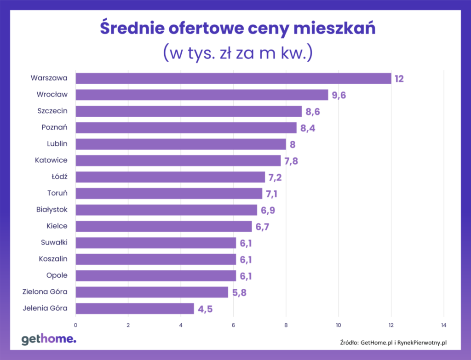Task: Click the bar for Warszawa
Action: pyautogui.click(x=233, y=78)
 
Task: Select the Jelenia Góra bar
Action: pyautogui.click(x=135, y=309)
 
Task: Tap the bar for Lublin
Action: pyautogui.click(x=181, y=144)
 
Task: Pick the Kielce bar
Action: pyautogui.click(x=164, y=226)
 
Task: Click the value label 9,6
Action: pyautogui.click(x=339, y=95)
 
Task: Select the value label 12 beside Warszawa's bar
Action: pyautogui.click(x=399, y=79)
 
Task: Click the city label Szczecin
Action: pyautogui.click(x=52, y=111)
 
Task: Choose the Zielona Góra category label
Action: pyautogui.click(x=45, y=291)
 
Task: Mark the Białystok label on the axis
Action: pyautogui.click(x=52, y=210)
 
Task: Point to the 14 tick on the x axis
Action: pyautogui.click(x=444, y=326)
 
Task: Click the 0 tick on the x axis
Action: pyautogui.click(x=76, y=326)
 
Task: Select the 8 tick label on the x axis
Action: pyautogui.click(x=286, y=326)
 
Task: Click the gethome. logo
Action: pyautogui.click(x=49, y=339)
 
